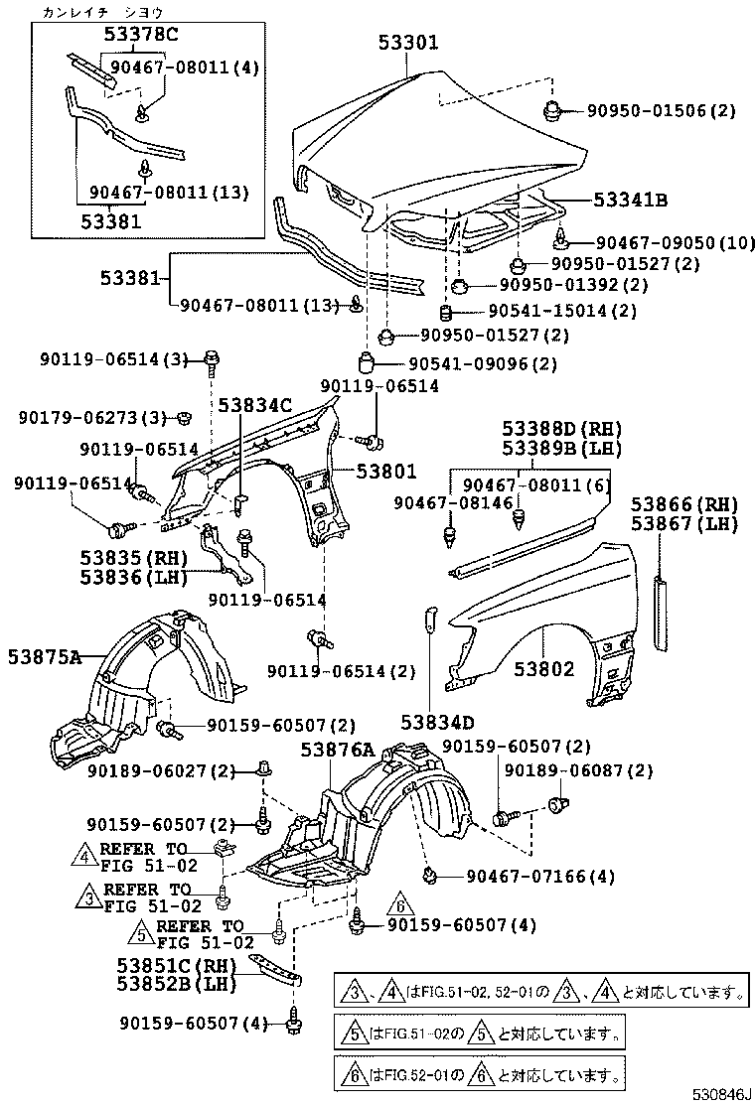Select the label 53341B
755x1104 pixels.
coord(630,200)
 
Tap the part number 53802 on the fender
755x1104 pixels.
coord(543,669)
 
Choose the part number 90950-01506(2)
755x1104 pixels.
coord(661,111)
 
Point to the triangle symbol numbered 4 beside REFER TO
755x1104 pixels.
coord(85,852)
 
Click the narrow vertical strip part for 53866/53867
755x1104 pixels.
coord(659,612)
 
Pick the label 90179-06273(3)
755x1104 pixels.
coord(91,418)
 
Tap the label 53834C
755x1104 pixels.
coord(255,405)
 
